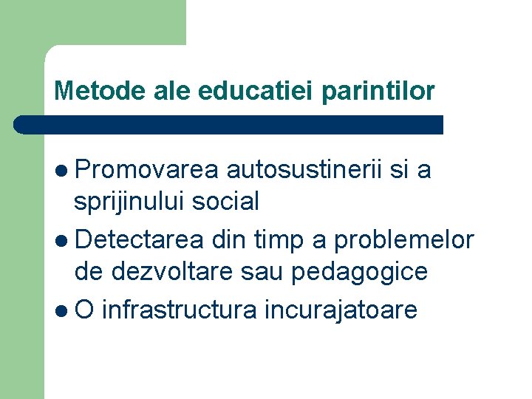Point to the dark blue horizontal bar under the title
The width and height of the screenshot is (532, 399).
coord(229,124)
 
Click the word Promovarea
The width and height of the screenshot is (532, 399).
coord(146,171)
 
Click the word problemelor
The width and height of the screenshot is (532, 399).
coord(403,240)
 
